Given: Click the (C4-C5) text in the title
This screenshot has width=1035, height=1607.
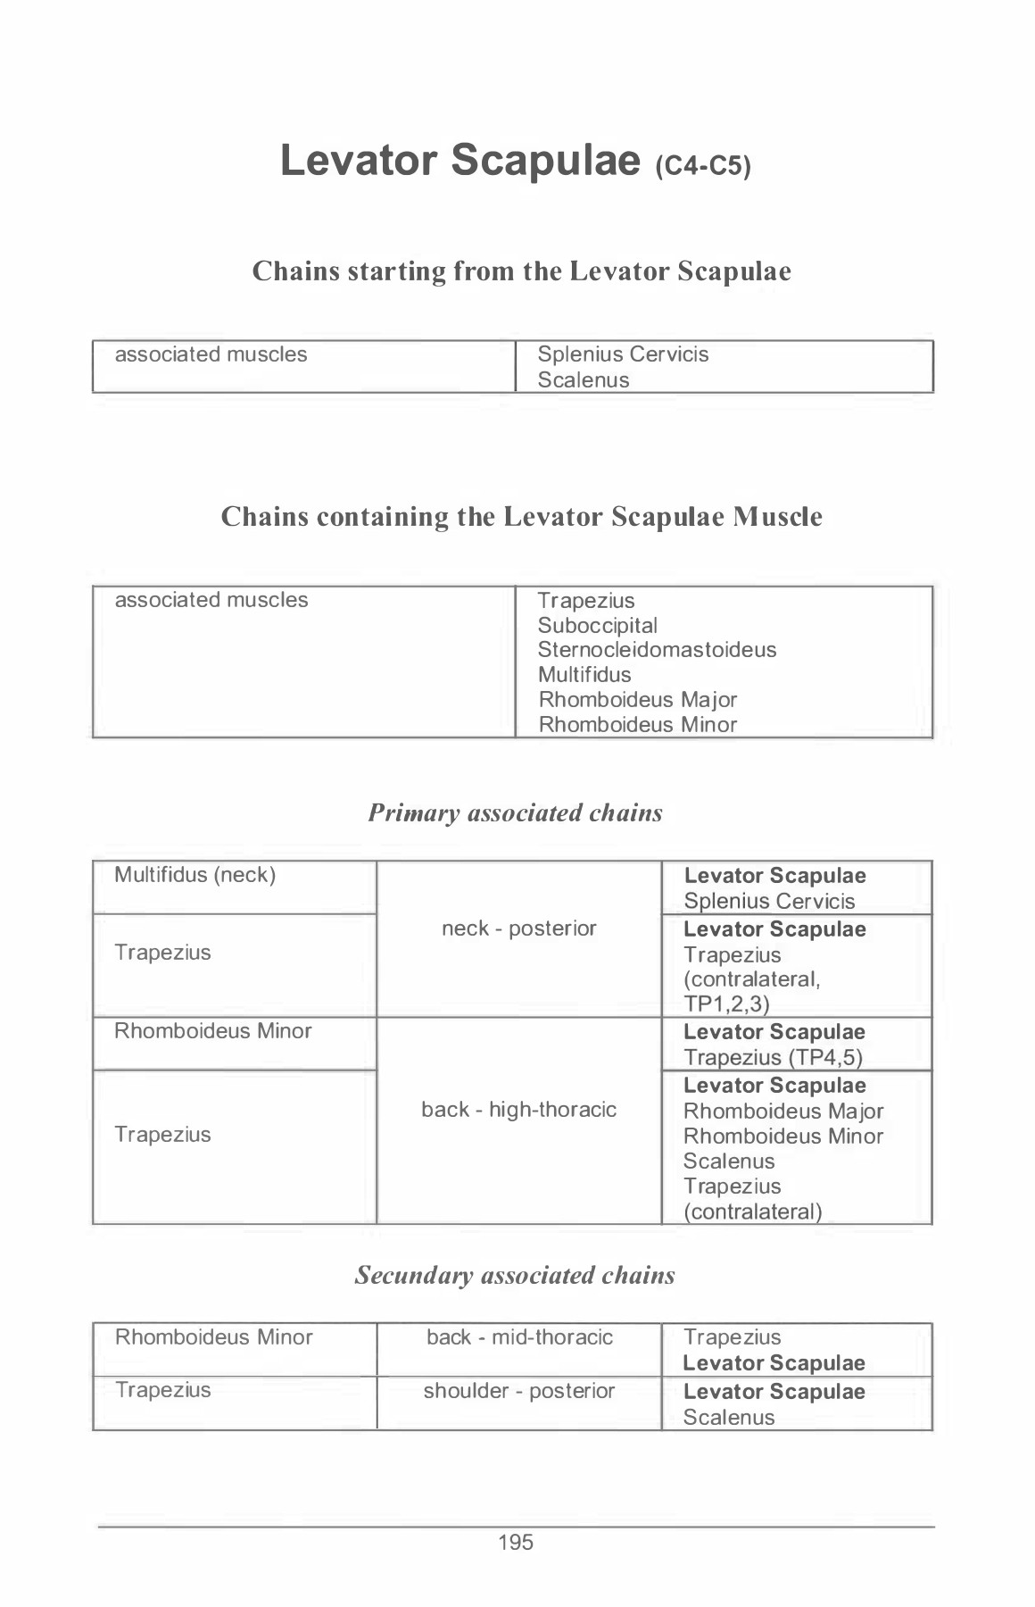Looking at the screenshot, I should (x=703, y=166).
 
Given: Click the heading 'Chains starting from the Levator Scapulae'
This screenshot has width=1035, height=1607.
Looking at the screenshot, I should (x=521, y=271).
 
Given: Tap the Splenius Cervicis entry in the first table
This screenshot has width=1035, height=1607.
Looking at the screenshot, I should (x=623, y=354).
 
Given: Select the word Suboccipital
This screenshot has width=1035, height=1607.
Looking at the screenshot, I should (x=597, y=626).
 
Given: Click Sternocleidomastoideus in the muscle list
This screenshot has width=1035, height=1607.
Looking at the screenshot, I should (x=657, y=650).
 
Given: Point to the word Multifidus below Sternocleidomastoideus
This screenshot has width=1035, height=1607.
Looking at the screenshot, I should (x=584, y=675).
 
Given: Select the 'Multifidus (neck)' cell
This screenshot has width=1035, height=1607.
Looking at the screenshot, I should (x=195, y=875).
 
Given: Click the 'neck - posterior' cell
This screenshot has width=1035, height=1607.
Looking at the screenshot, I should (x=518, y=928).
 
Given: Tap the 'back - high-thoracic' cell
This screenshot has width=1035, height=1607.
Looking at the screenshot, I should (x=518, y=1110).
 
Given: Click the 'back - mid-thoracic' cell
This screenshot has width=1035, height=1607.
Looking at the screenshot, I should (x=519, y=1337).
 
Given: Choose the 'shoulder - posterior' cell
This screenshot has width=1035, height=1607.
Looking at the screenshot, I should (x=518, y=1391).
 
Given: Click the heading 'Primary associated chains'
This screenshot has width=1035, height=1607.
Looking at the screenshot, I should (x=515, y=812).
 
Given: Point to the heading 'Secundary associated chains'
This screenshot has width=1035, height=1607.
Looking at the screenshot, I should (x=515, y=1275).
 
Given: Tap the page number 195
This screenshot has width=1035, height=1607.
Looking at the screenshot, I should (x=516, y=1542).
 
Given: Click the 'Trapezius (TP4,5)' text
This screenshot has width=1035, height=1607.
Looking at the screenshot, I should (x=773, y=1058).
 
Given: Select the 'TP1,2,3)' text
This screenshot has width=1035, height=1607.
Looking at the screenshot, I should (x=726, y=1004).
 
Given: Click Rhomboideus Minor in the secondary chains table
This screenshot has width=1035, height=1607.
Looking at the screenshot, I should (x=213, y=1337).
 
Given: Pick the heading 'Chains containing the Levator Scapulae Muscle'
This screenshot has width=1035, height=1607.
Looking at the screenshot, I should (x=521, y=516).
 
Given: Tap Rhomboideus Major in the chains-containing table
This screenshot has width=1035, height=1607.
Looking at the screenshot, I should (x=637, y=700).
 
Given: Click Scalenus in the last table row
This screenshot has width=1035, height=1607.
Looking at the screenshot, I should (x=728, y=1418).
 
